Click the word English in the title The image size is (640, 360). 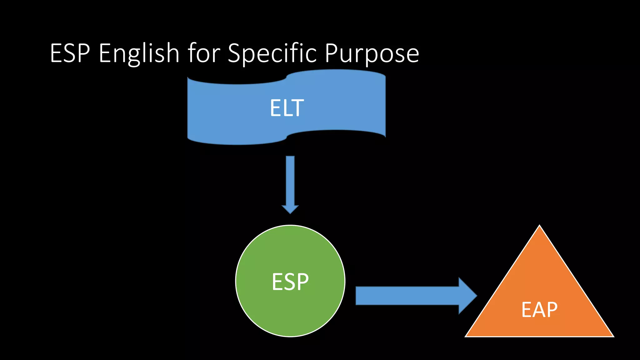(139, 54)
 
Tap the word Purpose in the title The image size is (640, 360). (372, 54)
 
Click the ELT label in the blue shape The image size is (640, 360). (287, 108)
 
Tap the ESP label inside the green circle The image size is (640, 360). (290, 282)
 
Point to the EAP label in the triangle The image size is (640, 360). (539, 310)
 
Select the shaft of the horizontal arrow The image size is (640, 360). (406, 296)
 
